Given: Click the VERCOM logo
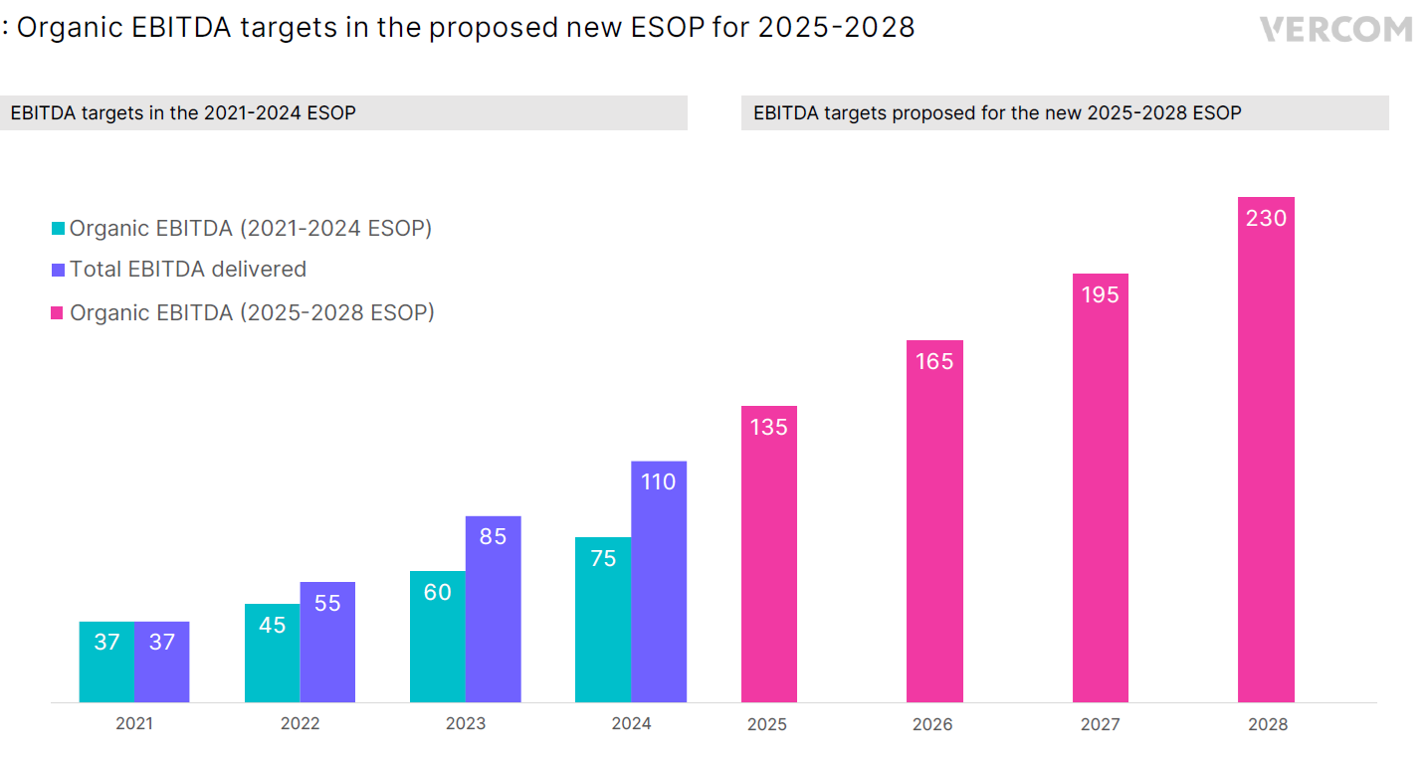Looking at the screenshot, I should click(1335, 29).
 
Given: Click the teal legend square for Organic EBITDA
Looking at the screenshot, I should click(59, 229).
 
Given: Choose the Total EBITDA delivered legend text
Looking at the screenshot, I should click(188, 270).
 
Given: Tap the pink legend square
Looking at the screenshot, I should click(59, 313).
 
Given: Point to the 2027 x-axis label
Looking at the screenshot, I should click(1100, 724).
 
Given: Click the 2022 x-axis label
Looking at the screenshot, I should click(300, 723).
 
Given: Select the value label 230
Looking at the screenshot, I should click(1266, 218).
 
